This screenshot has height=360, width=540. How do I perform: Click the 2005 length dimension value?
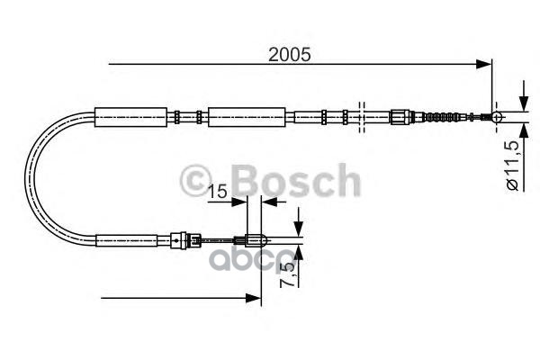click(289, 53)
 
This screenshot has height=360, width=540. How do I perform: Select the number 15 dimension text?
click(216, 193)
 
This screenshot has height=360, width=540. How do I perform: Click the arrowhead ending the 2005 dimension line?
click(486, 65)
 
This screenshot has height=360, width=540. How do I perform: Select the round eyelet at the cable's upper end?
click(493, 116)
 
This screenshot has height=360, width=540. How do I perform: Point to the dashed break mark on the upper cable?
click(360, 116)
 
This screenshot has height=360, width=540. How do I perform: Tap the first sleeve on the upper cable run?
click(131, 116)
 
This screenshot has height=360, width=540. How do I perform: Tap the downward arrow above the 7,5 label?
click(301, 229)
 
